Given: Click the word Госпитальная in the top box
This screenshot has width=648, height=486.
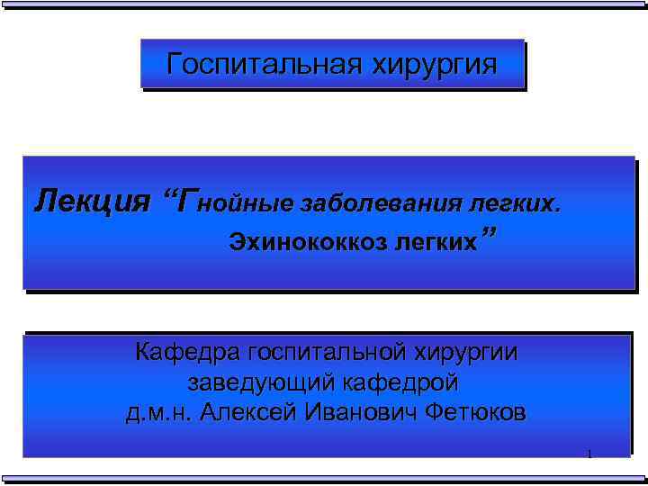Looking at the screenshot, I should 261,65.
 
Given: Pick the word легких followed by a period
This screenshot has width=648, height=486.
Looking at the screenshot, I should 517,202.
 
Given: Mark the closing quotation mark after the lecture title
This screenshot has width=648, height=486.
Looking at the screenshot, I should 490,236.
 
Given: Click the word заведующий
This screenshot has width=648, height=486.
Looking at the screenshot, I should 260,383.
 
